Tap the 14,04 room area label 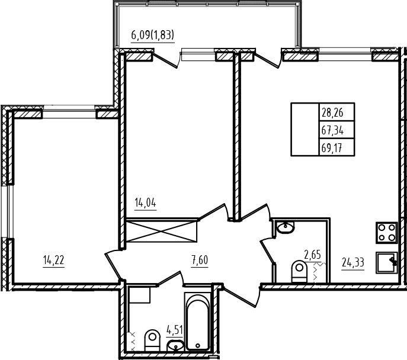pyautogui.click(x=145, y=202)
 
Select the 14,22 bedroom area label pyautogui.click(x=53, y=260)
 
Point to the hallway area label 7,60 pyautogui.click(x=200, y=260)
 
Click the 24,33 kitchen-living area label pyautogui.click(x=352, y=262)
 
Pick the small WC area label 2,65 pyautogui.click(x=313, y=255)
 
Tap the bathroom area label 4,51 pyautogui.click(x=175, y=330)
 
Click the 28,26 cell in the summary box pyautogui.click(x=332, y=112)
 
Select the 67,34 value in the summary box pyautogui.click(x=332, y=130)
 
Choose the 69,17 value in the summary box pyautogui.click(x=332, y=148)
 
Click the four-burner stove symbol pyautogui.click(x=386, y=233)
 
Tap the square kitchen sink pyautogui.click(x=386, y=262)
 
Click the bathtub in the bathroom pyautogui.click(x=197, y=322)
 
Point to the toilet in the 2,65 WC pyautogui.click(x=299, y=271)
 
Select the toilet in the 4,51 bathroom pyautogui.click(x=152, y=340)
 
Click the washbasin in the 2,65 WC pyautogui.click(x=286, y=227)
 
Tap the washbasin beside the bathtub pyautogui.click(x=175, y=345)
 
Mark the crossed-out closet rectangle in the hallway pyautogui.click(x=162, y=232)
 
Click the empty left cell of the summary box pyautogui.click(x=305, y=130)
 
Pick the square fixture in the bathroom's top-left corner pyautogui.click(x=140, y=295)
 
